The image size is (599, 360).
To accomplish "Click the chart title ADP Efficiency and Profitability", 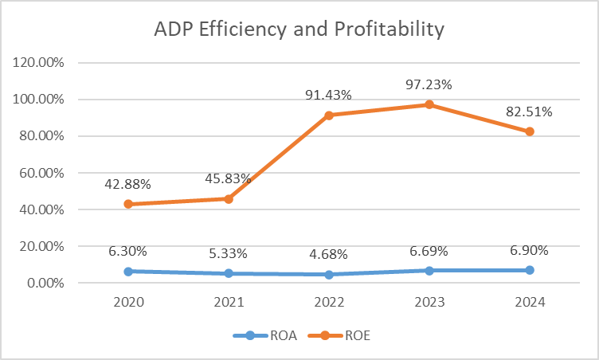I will tap(299, 30).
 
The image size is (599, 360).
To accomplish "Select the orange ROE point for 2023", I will tap(429, 104).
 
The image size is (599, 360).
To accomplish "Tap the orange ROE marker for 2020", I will tap(127, 204).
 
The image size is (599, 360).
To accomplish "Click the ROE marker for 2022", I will tap(328, 115).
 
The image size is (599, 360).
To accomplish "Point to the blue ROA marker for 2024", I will tap(529, 270).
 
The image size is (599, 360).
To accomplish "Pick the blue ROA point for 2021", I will tap(228, 273).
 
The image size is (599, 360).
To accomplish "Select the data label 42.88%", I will tap(127, 184).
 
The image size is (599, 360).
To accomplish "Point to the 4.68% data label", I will tap(328, 254).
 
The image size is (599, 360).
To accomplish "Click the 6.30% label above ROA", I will tap(127, 251).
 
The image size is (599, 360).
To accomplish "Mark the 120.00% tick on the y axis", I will tap(41, 63).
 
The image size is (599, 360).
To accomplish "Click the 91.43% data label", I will tap(328, 95).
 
